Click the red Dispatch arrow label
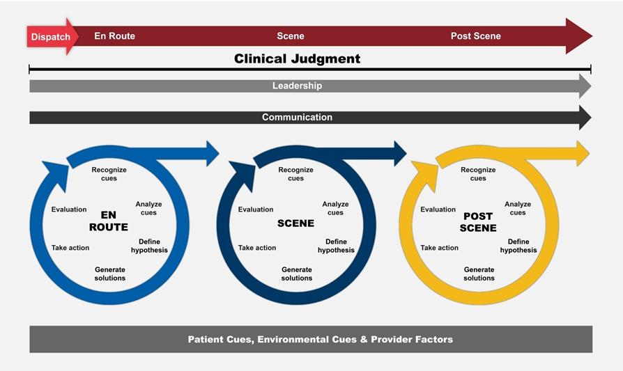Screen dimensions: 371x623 click(x=51, y=36)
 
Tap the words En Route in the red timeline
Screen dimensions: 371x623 click(x=114, y=36)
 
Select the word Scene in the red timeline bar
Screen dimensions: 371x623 click(x=291, y=36)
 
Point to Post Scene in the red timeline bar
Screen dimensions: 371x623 click(x=475, y=36)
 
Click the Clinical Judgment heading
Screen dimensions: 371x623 click(x=297, y=59)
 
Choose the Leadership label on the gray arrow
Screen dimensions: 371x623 click(x=297, y=86)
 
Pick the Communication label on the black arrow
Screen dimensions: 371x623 click(x=297, y=118)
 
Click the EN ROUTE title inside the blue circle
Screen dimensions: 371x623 click(x=109, y=221)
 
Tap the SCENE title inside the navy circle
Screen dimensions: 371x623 click(x=295, y=223)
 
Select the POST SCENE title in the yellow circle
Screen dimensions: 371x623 click(x=478, y=222)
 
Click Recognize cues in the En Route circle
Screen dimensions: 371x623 click(x=109, y=174)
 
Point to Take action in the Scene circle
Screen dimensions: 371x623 click(x=257, y=248)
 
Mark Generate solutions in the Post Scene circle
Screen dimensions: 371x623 click(x=479, y=274)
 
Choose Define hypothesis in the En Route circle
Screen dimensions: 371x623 click(x=149, y=246)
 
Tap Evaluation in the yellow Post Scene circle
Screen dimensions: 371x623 click(x=438, y=210)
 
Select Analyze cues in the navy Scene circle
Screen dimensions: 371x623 click(x=335, y=208)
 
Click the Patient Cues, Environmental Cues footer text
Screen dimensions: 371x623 click(x=320, y=340)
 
